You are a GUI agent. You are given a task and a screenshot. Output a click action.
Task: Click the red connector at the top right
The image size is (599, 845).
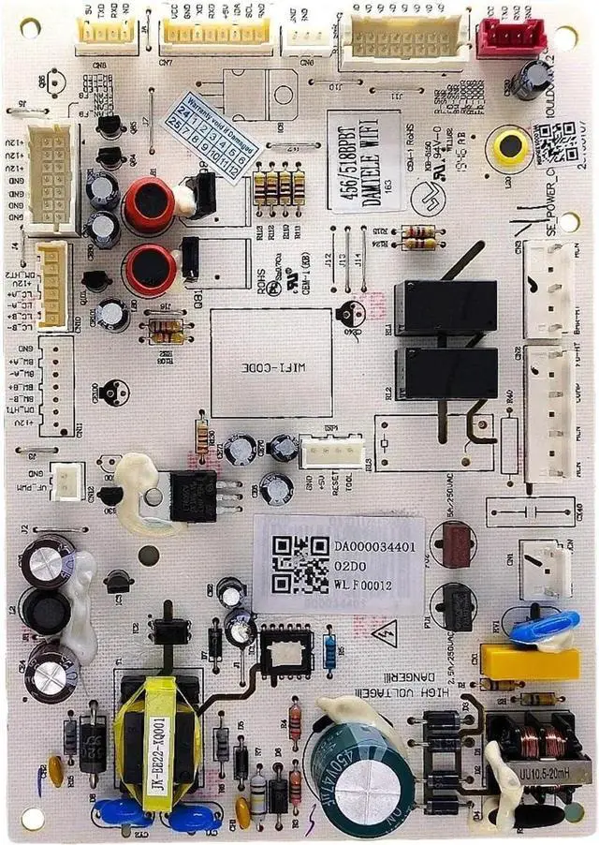(510, 38)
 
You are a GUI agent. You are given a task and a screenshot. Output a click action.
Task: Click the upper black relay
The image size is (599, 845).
(445, 306)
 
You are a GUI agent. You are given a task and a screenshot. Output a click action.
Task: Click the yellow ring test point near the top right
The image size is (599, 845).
(510, 146)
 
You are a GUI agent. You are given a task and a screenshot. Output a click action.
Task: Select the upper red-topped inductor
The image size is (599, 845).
(149, 204)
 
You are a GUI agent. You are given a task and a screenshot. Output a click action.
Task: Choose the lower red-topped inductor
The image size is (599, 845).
(149, 269)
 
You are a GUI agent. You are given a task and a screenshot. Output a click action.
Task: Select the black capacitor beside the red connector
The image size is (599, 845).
(529, 80)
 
